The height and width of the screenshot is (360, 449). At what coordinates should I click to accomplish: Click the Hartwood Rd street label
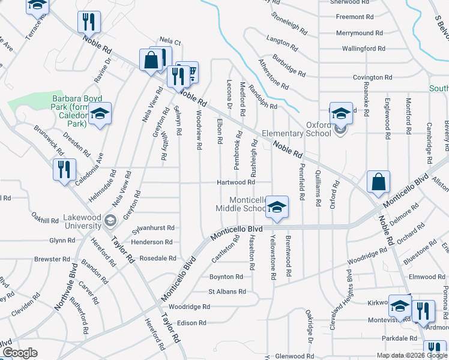(x=236, y=182)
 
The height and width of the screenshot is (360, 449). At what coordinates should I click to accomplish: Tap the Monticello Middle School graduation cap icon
(x=276, y=207)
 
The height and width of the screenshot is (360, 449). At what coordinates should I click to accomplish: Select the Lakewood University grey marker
(x=109, y=221)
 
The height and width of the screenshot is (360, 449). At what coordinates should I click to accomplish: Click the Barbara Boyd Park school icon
(x=100, y=113)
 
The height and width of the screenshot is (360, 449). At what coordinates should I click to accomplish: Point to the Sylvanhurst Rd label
(x=153, y=228)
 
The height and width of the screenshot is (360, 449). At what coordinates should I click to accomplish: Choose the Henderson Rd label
(x=152, y=242)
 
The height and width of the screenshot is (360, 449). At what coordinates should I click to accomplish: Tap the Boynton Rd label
(x=226, y=277)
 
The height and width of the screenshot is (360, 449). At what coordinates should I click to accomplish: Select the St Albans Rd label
(x=227, y=292)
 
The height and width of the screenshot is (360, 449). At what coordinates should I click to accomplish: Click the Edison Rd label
(x=191, y=323)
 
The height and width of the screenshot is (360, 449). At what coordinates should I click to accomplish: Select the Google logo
(x=20, y=353)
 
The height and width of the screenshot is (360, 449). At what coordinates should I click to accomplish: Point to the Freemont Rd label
(x=355, y=17)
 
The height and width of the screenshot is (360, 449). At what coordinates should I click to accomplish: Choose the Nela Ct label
(x=170, y=42)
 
